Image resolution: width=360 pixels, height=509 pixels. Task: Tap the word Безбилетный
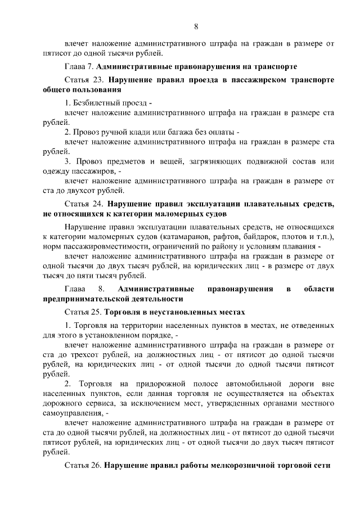click(x=97, y=103)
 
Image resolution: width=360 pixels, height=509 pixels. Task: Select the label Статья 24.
click(x=84, y=205)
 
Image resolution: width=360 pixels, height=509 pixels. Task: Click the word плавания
click(x=301, y=246)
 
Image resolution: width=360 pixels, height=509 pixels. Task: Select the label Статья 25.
click(x=83, y=312)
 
